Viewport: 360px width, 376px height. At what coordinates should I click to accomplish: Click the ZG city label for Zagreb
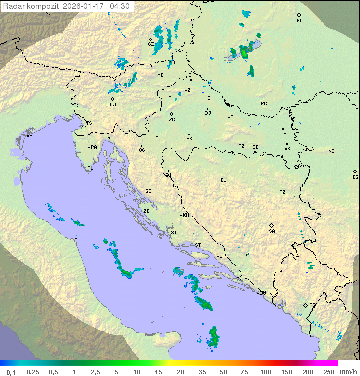pos(172,120)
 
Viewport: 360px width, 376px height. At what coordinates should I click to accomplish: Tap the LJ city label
pos(113,105)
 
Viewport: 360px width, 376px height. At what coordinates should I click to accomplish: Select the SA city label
pos(272,231)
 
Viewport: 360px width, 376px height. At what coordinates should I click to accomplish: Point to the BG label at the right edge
pos(355,177)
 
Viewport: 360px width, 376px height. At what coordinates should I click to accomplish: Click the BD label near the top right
pos(299,21)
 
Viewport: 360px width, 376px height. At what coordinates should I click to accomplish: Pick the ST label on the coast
pos(198,245)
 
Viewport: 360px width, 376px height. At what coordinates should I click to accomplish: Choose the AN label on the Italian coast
pos(77,240)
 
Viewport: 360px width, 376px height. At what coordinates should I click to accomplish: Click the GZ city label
pos(150,44)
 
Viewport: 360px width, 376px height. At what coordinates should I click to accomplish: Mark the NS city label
pos(331,151)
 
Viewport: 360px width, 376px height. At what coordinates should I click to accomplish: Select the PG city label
pos(312,305)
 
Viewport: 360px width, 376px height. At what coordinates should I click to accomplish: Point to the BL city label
pos(223,180)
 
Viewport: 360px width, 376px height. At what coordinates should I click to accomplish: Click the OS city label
pos(283,134)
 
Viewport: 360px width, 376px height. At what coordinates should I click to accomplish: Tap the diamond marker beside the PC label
pos(263,99)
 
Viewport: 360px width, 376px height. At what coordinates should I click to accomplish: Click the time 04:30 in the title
pos(120,6)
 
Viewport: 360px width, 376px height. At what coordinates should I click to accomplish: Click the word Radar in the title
pos(13,6)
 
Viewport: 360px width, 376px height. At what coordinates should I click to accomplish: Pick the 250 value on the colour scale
pos(328,372)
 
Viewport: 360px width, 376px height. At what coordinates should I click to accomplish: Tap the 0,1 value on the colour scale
pos(11,372)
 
